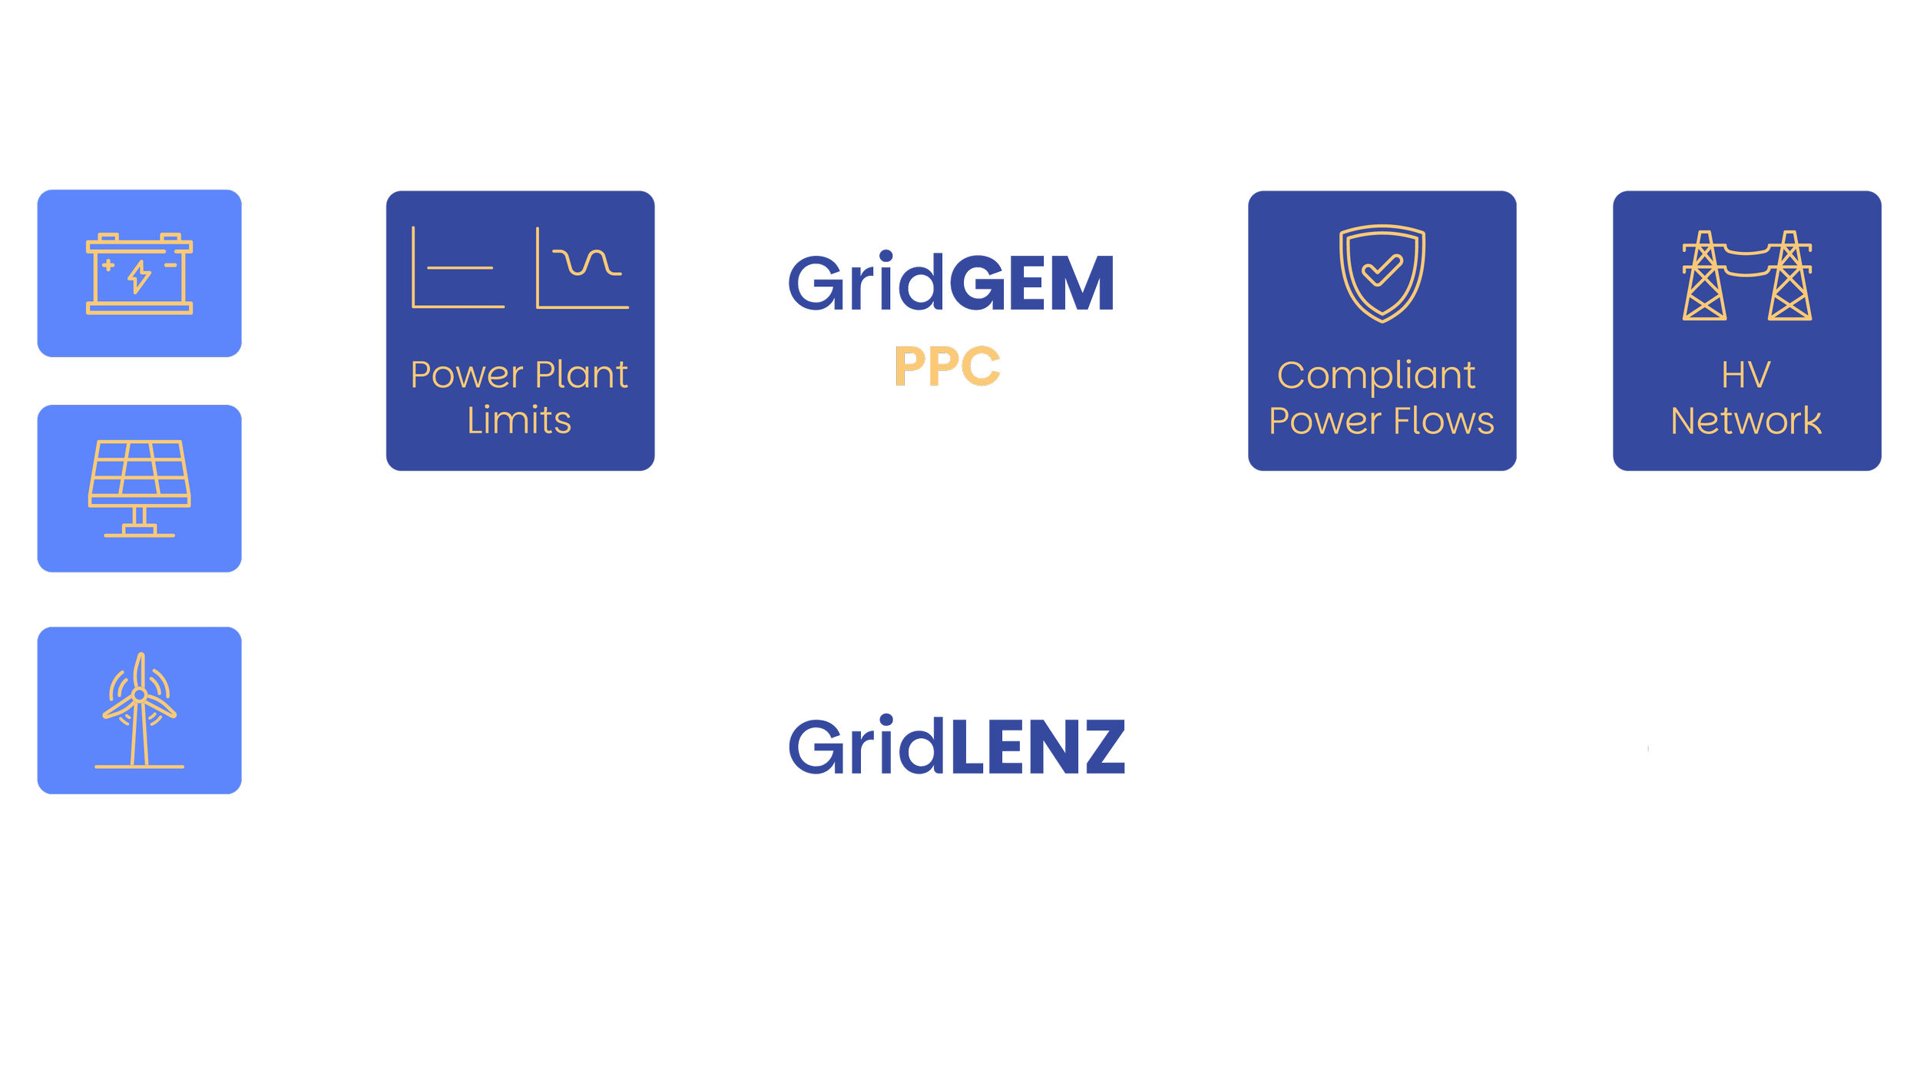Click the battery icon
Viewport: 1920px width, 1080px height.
(x=139, y=273)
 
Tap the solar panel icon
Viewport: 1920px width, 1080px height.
(x=139, y=488)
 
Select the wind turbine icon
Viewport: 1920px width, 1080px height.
(x=139, y=710)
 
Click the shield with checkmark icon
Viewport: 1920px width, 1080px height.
(x=1382, y=273)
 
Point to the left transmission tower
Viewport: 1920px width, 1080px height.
(x=1704, y=277)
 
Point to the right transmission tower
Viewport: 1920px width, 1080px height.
(x=1789, y=277)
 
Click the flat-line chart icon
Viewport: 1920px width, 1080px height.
(x=458, y=268)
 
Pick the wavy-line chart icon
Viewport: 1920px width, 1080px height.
(x=582, y=268)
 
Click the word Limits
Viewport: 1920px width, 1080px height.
(x=519, y=421)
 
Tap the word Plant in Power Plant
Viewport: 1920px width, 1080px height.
(x=581, y=375)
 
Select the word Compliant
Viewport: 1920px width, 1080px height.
(x=1376, y=376)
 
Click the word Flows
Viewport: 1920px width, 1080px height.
(x=1444, y=421)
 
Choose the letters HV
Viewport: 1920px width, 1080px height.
(x=1746, y=376)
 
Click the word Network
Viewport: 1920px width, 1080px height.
(x=1746, y=421)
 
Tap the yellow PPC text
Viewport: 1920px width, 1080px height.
(x=947, y=366)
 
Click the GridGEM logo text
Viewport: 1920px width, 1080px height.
(x=951, y=284)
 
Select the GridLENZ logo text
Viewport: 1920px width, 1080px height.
(x=956, y=747)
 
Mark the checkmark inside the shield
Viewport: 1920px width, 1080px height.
(x=1382, y=270)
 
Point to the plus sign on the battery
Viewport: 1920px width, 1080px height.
(x=108, y=265)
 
